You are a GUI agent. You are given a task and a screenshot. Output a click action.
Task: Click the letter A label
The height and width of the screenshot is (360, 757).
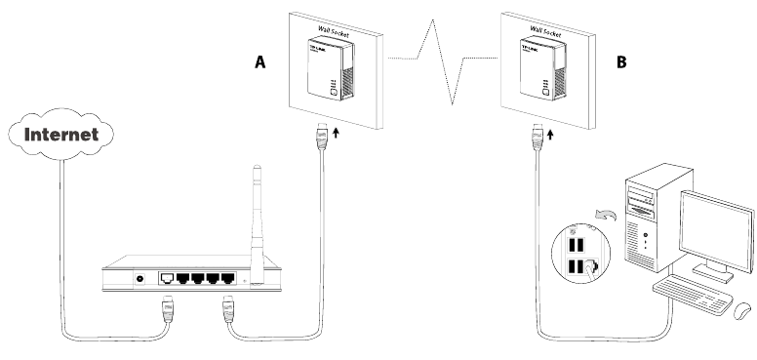pos(259,61)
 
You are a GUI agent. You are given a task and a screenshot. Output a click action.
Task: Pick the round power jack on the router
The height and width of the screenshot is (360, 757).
pos(145,279)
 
